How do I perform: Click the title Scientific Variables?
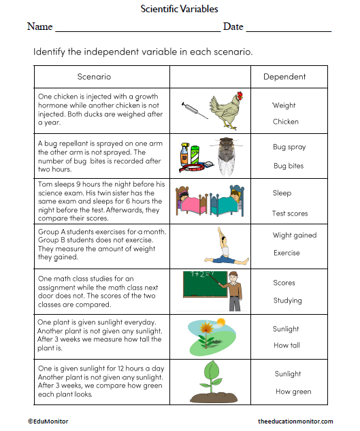click(180, 9)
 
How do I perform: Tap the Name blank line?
click(137, 30)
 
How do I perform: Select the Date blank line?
click(289, 30)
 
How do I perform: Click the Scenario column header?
click(94, 77)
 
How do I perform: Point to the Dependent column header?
click(284, 77)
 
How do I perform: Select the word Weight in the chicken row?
click(284, 105)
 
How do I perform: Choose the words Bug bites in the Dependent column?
click(289, 166)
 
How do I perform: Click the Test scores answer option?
click(290, 213)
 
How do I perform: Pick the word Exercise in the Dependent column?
click(287, 253)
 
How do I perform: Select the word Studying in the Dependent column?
click(287, 300)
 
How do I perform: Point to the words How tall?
click(286, 345)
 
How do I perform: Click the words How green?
click(293, 392)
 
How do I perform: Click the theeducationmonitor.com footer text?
click(295, 421)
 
